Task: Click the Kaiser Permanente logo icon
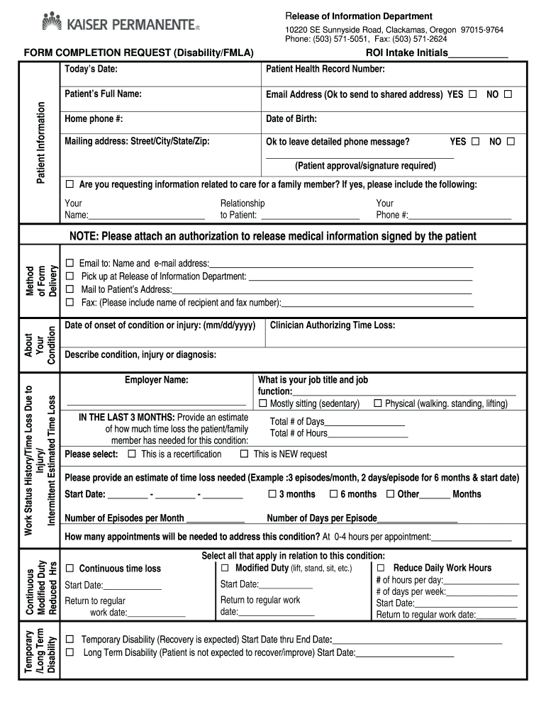click(x=53, y=22)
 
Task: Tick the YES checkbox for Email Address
click(x=472, y=94)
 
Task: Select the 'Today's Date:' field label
click(x=91, y=69)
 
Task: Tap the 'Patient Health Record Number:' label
click(x=325, y=69)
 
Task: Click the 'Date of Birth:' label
click(x=291, y=119)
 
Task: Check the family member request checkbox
click(x=69, y=185)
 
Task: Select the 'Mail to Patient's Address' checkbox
click(x=69, y=289)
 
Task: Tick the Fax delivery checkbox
click(x=69, y=303)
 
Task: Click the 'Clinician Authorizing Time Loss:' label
click(x=333, y=325)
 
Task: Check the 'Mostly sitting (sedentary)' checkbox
click(x=263, y=403)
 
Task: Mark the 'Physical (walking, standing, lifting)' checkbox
click(x=378, y=403)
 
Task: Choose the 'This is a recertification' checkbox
click(x=131, y=454)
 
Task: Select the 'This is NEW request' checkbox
click(x=244, y=454)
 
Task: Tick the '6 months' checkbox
click(x=333, y=494)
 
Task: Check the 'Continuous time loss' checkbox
click(x=69, y=569)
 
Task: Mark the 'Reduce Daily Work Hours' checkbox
click(x=381, y=568)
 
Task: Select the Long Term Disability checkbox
click(x=69, y=652)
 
